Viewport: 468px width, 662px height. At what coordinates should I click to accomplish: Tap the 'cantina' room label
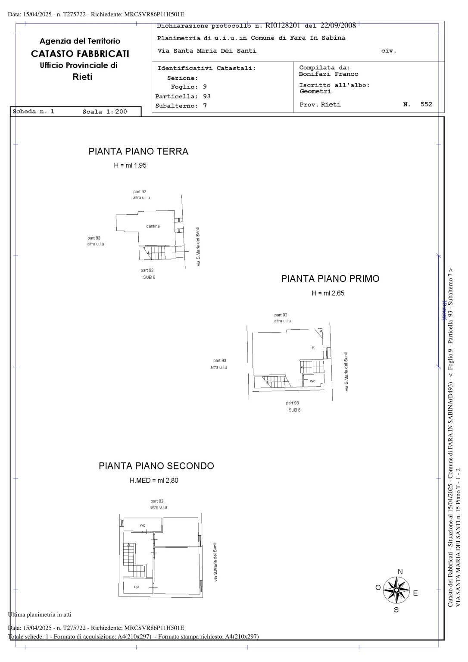point(153,226)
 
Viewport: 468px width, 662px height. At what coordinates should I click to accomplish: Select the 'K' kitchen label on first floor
point(313,347)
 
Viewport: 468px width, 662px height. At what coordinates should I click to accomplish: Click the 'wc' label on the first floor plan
point(313,381)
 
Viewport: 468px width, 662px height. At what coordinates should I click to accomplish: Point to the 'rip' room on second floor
point(136,587)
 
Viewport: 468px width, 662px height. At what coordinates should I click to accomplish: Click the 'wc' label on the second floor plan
point(142,525)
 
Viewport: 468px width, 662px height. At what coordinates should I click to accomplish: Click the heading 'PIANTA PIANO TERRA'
point(138,151)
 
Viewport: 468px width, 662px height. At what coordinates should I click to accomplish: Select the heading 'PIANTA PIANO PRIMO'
point(330,279)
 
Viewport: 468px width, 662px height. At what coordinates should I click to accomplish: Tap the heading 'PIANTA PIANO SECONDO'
point(156,466)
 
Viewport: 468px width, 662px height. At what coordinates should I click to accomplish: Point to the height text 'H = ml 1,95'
point(130,165)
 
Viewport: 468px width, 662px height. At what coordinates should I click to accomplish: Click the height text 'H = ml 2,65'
point(328,294)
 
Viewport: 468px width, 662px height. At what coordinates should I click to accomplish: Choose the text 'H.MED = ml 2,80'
point(154,481)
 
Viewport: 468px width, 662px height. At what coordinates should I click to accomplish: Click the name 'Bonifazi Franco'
point(328,74)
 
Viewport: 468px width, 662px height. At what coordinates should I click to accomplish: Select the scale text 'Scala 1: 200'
point(105,112)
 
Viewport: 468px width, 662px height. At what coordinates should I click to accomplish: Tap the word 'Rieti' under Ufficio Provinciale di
point(82,77)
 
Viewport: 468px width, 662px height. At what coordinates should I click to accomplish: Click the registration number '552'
point(426,104)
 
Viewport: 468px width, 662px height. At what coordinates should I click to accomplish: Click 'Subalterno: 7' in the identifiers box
point(181,106)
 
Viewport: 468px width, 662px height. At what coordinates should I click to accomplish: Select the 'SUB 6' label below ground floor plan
point(149,277)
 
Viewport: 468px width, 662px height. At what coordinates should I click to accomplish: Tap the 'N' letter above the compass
point(400,571)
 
